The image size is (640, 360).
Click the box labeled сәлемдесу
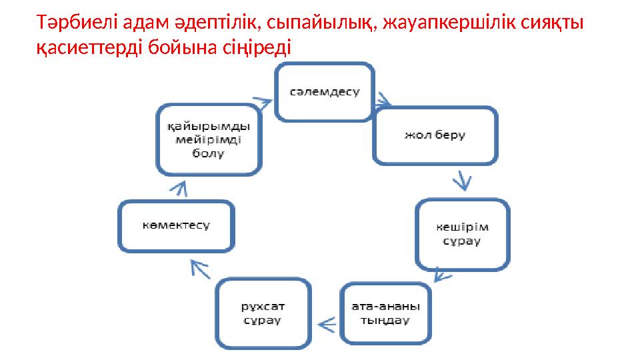(325, 91)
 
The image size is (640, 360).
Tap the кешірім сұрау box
(462, 233)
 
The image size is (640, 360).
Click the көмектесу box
(175, 225)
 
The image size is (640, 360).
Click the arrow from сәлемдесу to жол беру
(383, 103)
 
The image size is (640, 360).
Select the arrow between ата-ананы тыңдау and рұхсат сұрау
(326, 325)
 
